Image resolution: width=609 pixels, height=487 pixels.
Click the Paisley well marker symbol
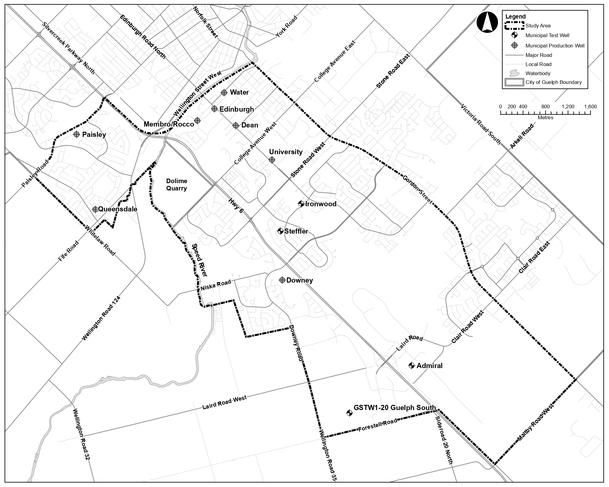tap(77, 134)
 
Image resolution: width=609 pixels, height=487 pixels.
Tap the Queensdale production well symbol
tap(95, 209)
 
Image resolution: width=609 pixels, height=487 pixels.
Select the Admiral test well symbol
tap(411, 366)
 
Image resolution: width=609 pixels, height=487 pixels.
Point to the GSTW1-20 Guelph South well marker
tap(349, 413)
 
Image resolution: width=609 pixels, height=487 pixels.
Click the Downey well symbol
tap(282, 280)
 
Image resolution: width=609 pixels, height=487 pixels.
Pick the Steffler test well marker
tap(280, 231)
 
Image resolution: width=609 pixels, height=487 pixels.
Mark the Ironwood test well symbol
tap(301, 204)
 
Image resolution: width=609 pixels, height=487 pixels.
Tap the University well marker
tap(272, 160)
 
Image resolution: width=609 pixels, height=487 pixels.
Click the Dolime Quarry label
tap(177, 185)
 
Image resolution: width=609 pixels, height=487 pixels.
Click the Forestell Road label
tap(377, 425)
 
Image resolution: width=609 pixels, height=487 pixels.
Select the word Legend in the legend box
tap(515, 17)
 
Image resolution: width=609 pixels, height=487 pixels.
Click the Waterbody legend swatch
tap(514, 73)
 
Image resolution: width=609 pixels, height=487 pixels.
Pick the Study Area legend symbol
tap(514, 26)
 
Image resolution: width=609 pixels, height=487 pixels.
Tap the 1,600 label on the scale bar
tap(590, 107)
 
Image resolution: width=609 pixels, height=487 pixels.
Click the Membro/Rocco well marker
tap(197, 121)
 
